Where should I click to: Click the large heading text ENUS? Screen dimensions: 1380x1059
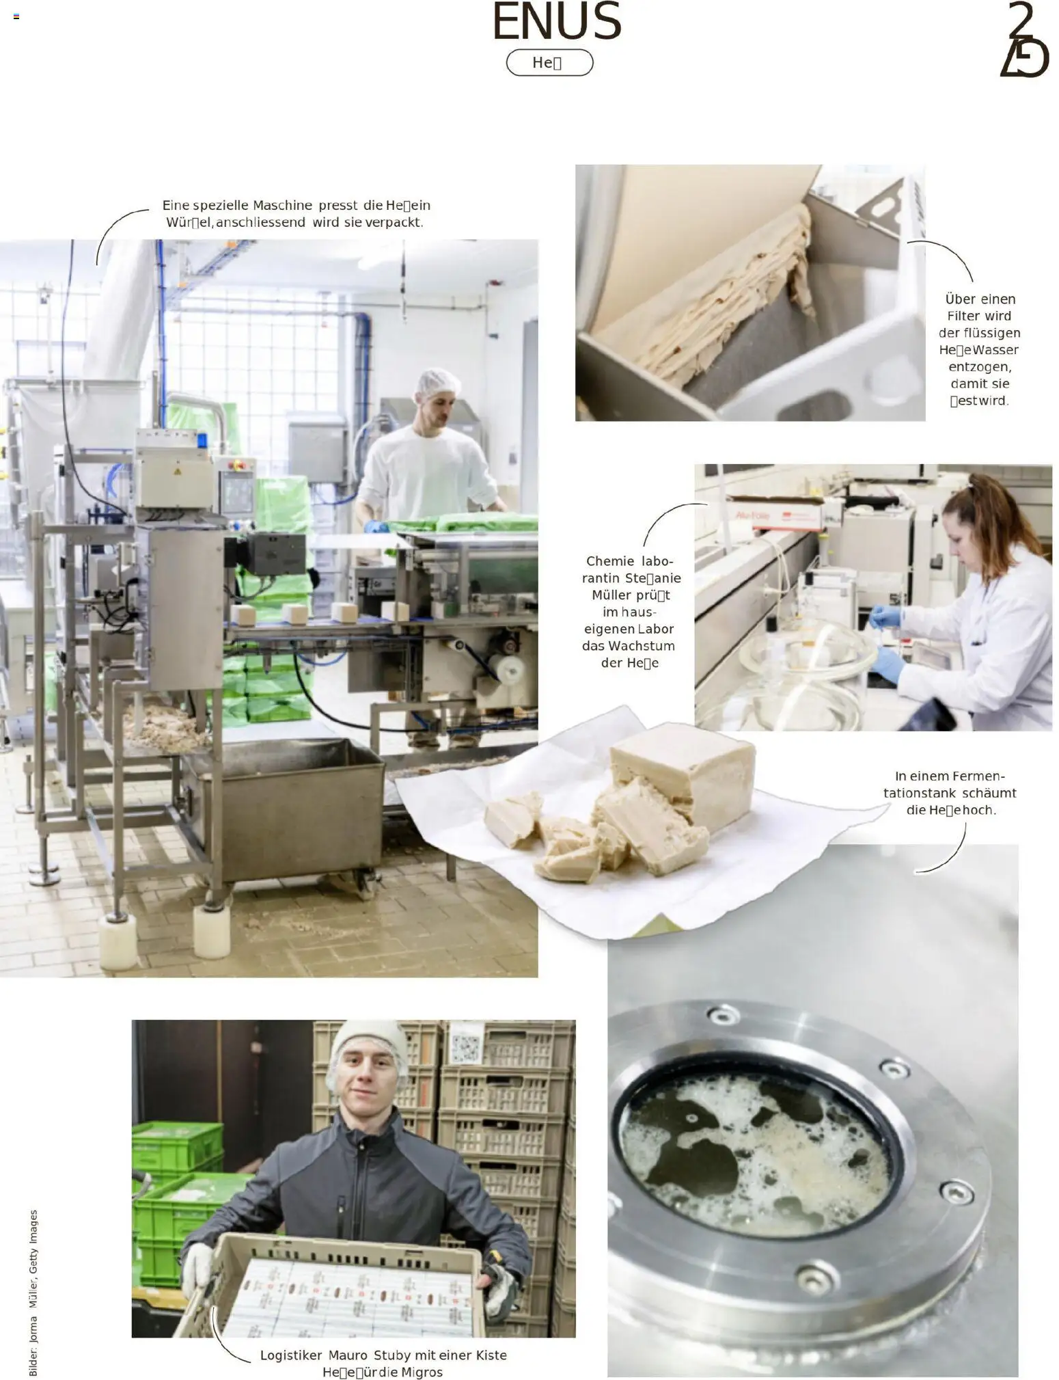pos(556,22)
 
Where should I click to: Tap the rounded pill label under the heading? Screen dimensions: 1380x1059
pos(549,63)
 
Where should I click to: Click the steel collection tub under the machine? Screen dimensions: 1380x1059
pos(287,807)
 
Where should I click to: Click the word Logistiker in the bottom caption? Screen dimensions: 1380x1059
pos(291,1355)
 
